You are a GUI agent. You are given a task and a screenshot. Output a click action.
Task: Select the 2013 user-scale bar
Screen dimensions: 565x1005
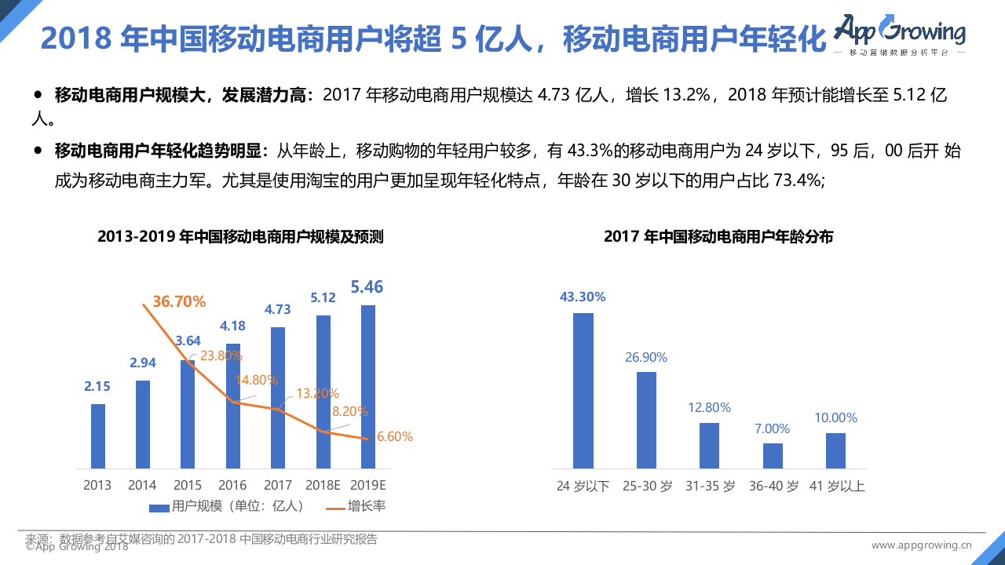[x=98, y=436]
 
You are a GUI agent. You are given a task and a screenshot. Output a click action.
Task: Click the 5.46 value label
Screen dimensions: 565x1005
[x=367, y=287]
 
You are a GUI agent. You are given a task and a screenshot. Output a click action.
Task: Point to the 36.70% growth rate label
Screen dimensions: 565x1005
[x=179, y=302]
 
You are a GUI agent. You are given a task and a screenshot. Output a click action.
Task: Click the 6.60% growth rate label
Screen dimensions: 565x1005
[x=394, y=437]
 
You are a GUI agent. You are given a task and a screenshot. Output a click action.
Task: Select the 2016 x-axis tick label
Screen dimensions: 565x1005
[x=232, y=486]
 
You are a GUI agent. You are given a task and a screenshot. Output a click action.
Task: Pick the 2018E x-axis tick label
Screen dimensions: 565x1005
[x=323, y=486]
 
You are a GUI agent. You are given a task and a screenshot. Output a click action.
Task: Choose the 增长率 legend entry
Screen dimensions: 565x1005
[x=356, y=507]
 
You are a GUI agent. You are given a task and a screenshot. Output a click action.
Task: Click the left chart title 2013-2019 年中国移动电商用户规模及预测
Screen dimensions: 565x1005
[x=240, y=237]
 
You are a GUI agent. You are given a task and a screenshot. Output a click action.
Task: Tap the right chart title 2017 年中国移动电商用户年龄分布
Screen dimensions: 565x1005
[x=718, y=237]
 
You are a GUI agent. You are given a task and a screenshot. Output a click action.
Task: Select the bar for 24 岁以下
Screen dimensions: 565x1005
[x=583, y=391]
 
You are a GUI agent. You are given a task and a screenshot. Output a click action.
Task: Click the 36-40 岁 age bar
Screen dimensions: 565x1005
[x=773, y=456]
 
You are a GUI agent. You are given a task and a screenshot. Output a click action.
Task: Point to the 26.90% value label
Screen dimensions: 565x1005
[x=645, y=358]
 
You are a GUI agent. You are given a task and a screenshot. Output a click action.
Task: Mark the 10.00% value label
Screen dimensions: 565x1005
[x=835, y=418]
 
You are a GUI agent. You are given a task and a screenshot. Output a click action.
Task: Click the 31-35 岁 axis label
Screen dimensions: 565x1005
[x=709, y=487]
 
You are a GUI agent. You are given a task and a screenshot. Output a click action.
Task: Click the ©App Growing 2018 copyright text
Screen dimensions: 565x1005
[x=76, y=547]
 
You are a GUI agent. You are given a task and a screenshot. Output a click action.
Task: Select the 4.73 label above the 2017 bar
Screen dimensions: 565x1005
[x=277, y=310]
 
